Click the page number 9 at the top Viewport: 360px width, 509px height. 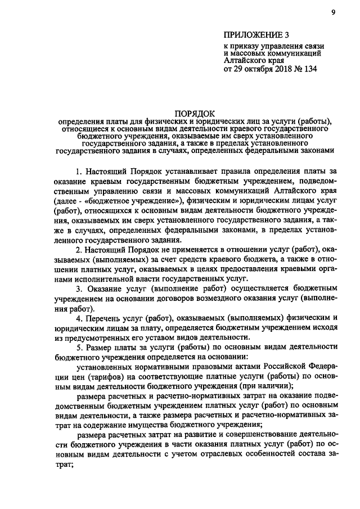[333, 15]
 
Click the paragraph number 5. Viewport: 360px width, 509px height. [79, 346]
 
